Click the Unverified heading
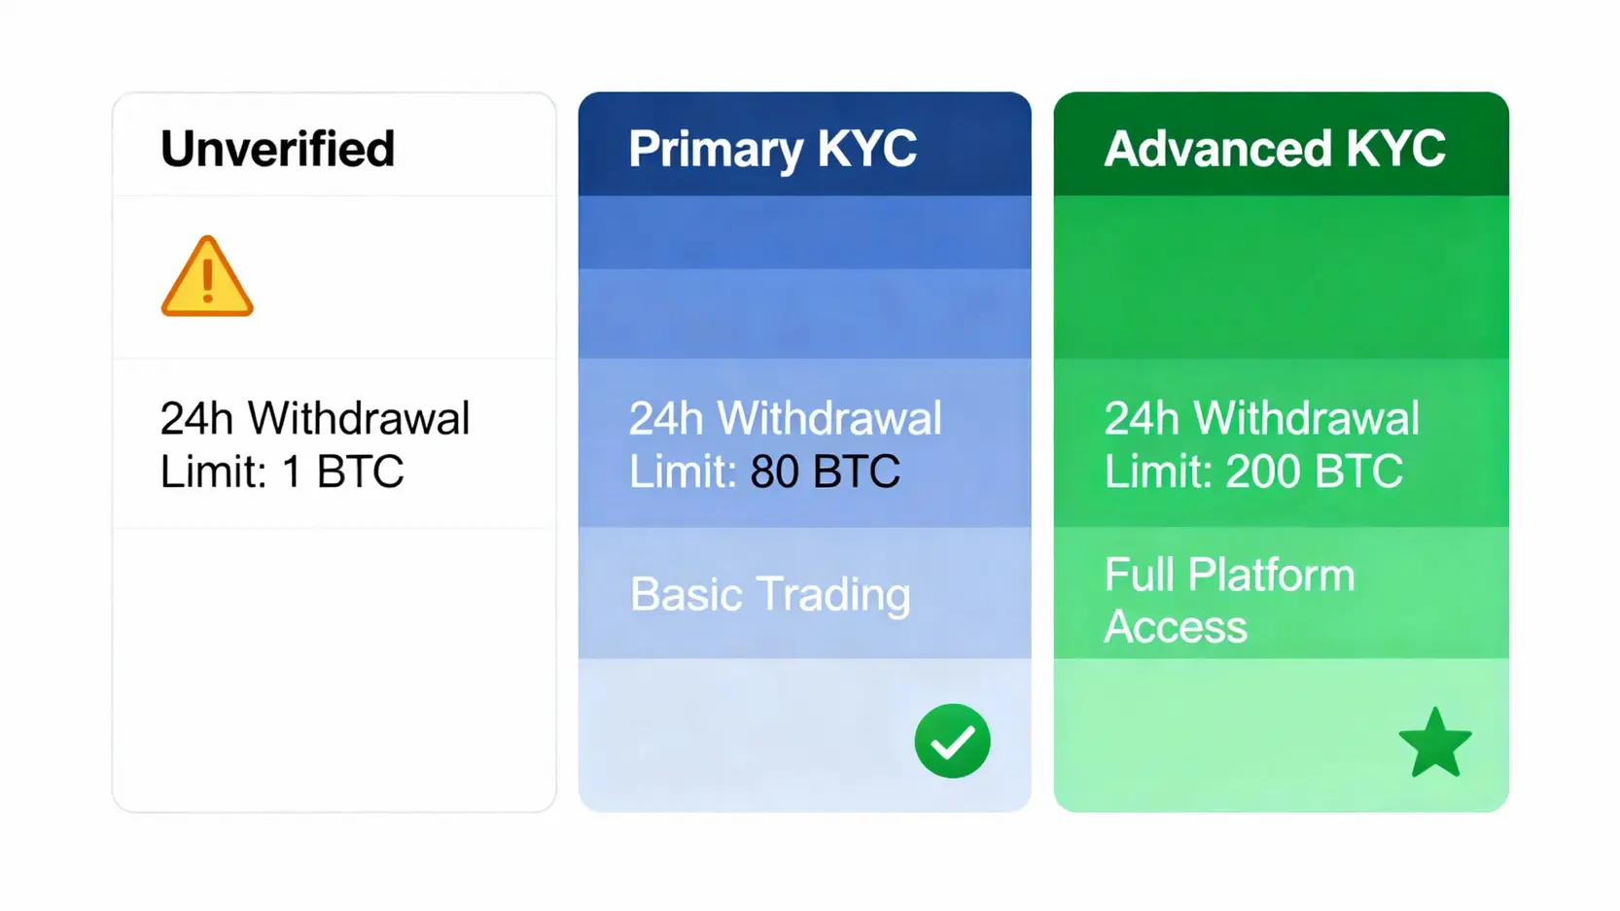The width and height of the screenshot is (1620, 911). click(278, 149)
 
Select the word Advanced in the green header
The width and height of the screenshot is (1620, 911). click(1217, 149)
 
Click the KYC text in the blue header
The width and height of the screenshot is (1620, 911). click(866, 149)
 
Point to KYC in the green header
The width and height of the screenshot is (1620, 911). click(1395, 149)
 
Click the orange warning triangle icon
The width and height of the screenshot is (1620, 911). click(207, 276)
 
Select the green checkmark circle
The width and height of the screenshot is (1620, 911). click(953, 741)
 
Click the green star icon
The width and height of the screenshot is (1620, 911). click(1435, 743)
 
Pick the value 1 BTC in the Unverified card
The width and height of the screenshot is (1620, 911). click(343, 472)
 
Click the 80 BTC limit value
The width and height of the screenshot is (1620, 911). click(826, 472)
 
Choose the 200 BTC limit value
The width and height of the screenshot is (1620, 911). click(1315, 472)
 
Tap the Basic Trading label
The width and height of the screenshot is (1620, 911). click(770, 594)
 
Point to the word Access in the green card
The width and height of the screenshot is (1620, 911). click(1176, 626)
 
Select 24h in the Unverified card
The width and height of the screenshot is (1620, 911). click(196, 418)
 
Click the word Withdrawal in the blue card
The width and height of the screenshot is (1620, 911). click(829, 418)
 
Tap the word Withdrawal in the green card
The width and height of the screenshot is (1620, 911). click(1306, 418)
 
